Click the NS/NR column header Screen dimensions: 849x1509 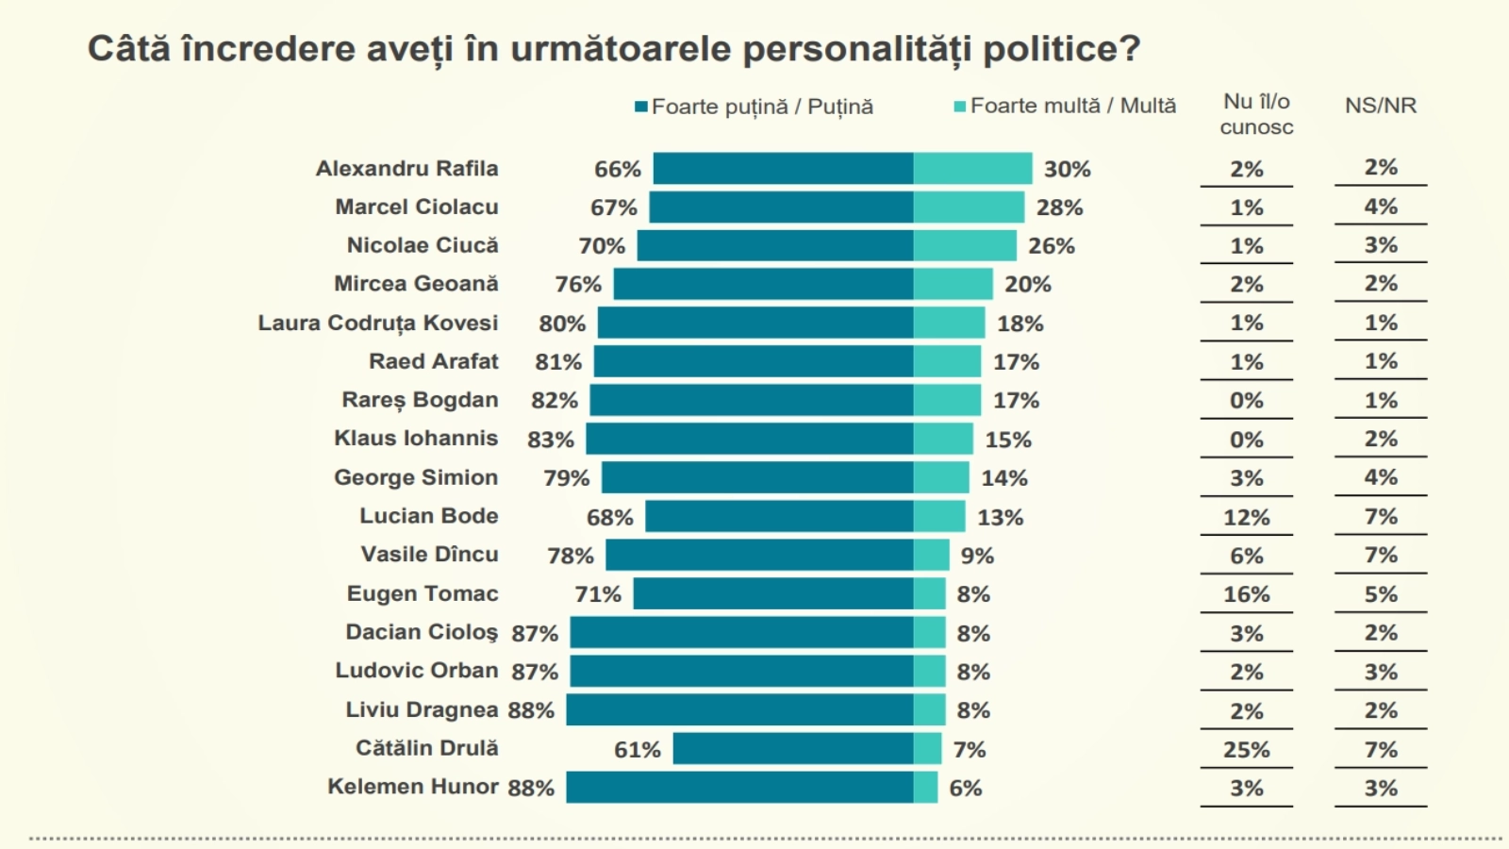1381,106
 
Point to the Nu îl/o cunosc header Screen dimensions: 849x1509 1256,114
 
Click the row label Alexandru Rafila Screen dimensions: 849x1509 406,169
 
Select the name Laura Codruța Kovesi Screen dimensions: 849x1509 377,323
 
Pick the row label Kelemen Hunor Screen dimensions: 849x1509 412,787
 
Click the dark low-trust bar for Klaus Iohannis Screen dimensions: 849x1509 750,439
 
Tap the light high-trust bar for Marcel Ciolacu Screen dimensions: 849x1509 969,208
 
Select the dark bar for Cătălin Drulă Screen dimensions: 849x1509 793,749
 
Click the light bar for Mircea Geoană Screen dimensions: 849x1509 953,284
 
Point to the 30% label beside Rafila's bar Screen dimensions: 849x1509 1067,170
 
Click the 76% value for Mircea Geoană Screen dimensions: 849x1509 578,285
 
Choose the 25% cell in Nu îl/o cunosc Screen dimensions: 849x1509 1246,750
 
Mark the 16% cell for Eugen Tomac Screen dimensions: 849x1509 1246,594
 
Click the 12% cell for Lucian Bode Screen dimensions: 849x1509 1246,517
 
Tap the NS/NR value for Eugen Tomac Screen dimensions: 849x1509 1381,594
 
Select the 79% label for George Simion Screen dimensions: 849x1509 566,478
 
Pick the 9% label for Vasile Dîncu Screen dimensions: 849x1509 977,556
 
